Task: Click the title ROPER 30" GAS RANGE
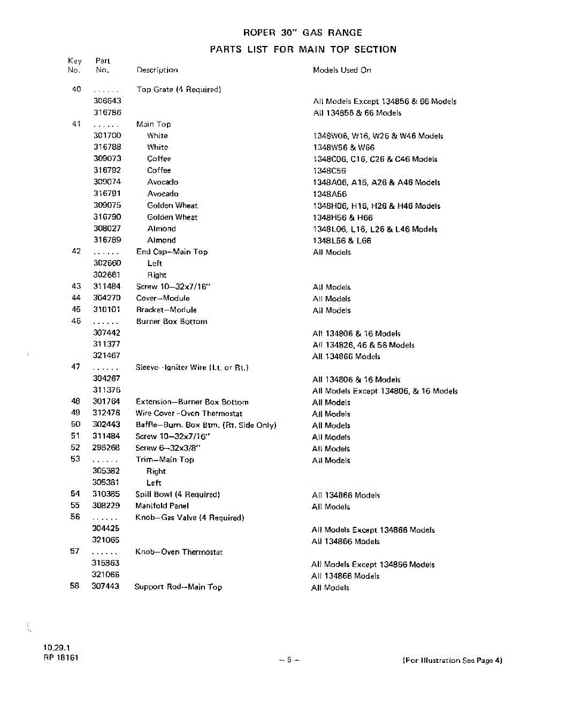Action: pos(303,33)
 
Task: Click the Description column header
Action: pos(157,70)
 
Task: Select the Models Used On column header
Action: pos(342,70)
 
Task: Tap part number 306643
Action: pos(107,101)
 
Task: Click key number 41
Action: pos(76,124)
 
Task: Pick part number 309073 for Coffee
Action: pos(107,159)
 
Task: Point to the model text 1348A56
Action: pos(330,195)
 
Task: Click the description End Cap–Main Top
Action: pos(172,252)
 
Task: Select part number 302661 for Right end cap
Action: pos(107,275)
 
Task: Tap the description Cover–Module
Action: pos(163,298)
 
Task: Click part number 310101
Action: pos(107,310)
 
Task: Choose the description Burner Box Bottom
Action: pos(172,322)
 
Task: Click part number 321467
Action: pos(107,356)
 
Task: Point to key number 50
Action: pos(75,425)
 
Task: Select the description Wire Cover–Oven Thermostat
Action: pos(189,413)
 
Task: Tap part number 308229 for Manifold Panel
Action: pos(106,506)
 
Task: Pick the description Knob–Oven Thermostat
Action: pos(179,552)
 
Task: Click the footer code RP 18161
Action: pos(60,658)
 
